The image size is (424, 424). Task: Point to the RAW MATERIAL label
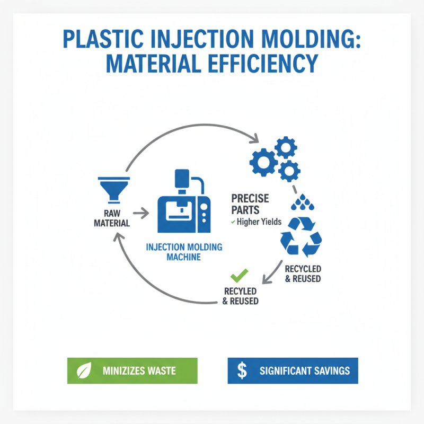click(x=112, y=218)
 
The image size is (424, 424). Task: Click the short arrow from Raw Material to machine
click(x=140, y=214)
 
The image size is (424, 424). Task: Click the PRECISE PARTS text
click(x=250, y=204)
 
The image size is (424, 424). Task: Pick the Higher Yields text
click(x=255, y=222)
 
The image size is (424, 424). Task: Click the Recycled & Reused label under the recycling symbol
click(x=303, y=273)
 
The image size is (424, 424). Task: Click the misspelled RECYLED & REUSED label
click(x=241, y=296)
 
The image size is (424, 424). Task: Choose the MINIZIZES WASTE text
click(x=139, y=370)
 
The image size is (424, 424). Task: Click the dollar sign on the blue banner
click(x=242, y=370)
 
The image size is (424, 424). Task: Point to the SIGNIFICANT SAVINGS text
click(x=305, y=370)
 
